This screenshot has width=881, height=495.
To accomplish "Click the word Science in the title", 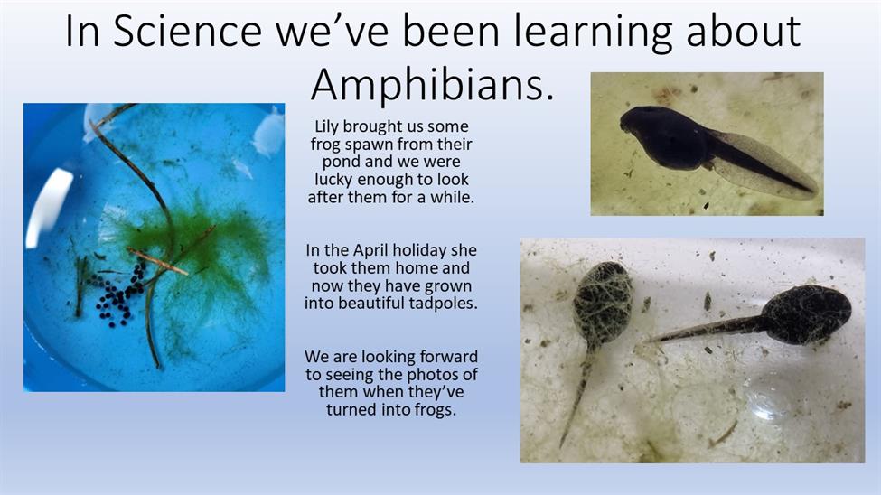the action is click(188, 32).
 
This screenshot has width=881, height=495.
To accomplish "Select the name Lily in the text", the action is click(327, 127).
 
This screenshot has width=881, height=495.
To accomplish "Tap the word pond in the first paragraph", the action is click(341, 162).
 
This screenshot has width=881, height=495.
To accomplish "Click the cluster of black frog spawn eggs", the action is click(118, 296).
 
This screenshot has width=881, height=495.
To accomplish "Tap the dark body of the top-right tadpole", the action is click(663, 137).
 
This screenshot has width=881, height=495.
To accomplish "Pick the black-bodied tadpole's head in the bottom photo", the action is click(807, 314).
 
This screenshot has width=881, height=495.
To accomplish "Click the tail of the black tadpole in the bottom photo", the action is click(707, 331).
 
